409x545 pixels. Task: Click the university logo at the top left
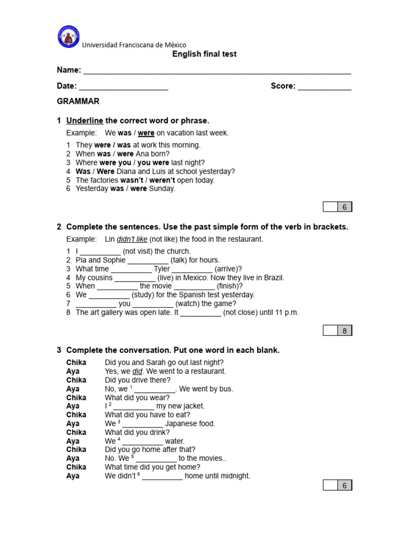coord(68,37)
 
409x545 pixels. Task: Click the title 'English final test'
coord(204,54)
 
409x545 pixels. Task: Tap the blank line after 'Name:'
coord(217,71)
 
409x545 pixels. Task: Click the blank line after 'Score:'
coord(324,87)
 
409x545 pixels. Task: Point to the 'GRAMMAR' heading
coord(78,101)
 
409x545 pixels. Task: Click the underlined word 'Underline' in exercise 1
coord(85,121)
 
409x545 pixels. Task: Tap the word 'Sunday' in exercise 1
coord(161,188)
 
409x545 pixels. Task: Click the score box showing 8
coord(345,331)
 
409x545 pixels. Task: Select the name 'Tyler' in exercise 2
coord(161,269)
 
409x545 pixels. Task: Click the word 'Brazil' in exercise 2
coord(274,277)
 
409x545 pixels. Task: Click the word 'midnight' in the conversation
coord(234,476)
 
